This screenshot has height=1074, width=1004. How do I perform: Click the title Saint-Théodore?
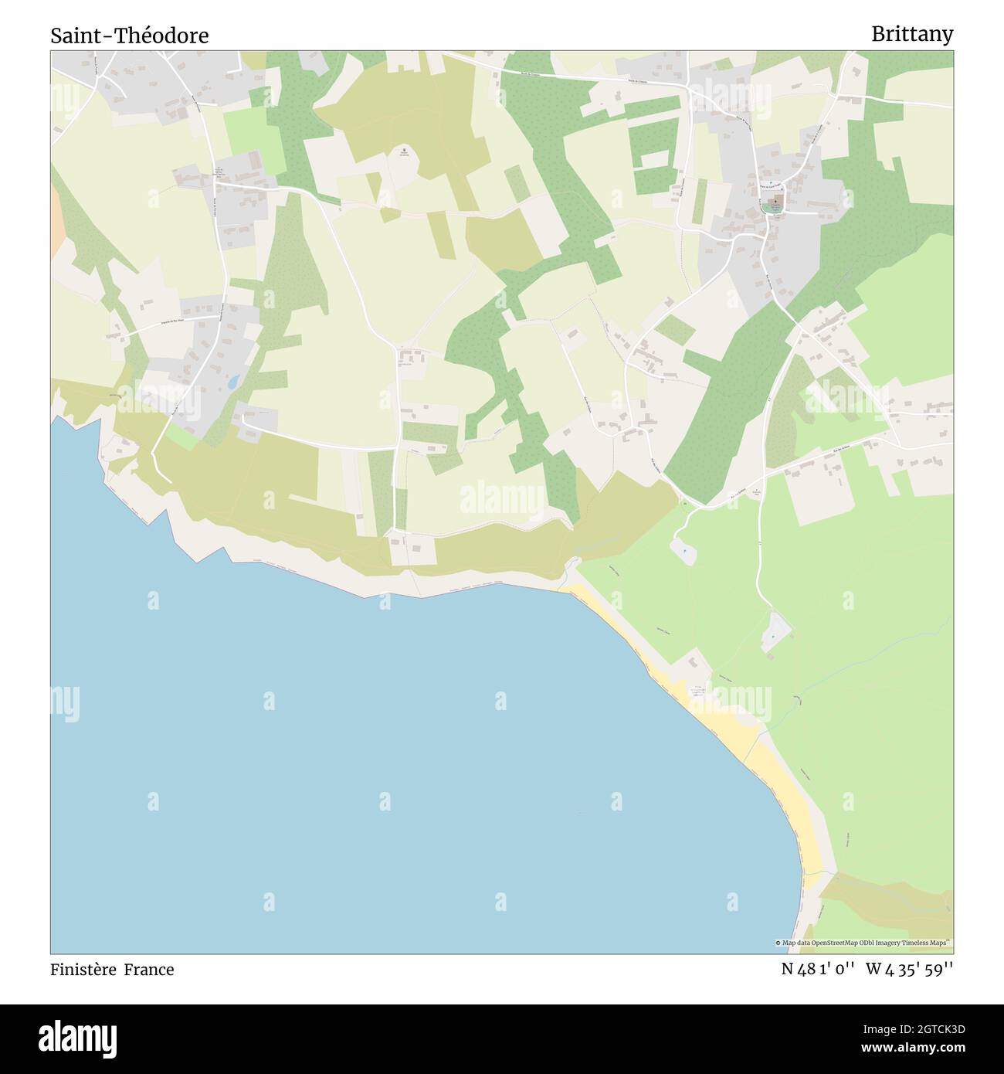(x=130, y=36)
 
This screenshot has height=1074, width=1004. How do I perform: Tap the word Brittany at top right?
(x=912, y=34)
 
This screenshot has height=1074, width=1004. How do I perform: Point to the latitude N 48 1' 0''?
(x=817, y=969)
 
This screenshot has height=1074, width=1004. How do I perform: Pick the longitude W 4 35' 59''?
(x=910, y=969)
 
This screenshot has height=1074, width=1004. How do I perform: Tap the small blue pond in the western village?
(x=232, y=382)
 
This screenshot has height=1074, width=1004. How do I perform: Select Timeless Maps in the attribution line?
(x=928, y=943)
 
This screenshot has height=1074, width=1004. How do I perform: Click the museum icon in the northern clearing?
(x=403, y=151)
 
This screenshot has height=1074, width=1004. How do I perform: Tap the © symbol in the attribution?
(x=778, y=943)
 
